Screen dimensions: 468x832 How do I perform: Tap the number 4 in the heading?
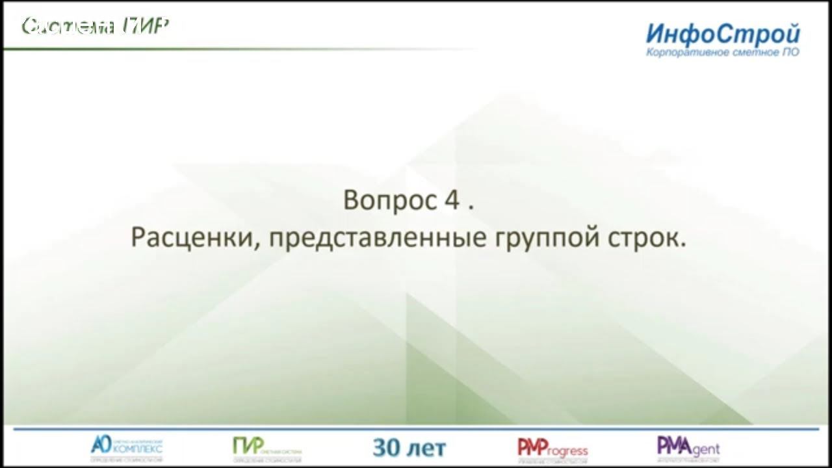(452, 200)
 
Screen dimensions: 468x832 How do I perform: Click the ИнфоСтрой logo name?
(723, 33)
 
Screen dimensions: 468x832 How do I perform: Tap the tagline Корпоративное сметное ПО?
(723, 52)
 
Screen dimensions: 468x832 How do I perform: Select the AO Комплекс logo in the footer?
(126, 447)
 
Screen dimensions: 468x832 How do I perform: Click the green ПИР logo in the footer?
(266, 447)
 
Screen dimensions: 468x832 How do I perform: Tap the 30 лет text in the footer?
(409, 447)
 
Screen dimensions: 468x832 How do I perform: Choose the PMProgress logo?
(552, 448)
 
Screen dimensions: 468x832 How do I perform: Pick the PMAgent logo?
(688, 447)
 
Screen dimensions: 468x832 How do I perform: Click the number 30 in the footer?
(385, 447)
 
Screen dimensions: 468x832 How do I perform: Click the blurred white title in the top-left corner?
(96, 26)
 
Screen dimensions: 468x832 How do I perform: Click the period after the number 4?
(471, 207)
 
